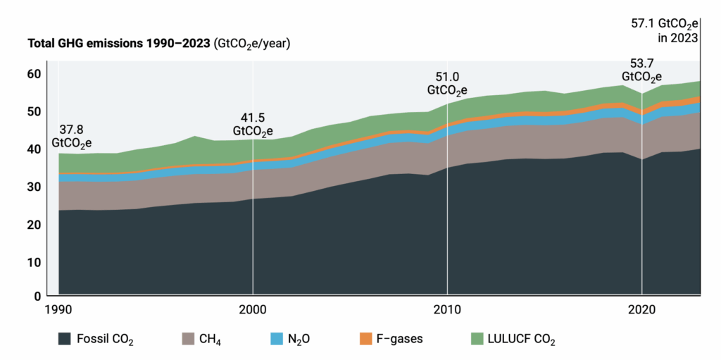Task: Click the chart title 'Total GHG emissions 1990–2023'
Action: click(118, 44)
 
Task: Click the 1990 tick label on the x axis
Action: click(58, 309)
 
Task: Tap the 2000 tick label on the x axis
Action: click(252, 309)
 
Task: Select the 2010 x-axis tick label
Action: click(446, 309)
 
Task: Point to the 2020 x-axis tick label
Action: click(641, 309)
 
